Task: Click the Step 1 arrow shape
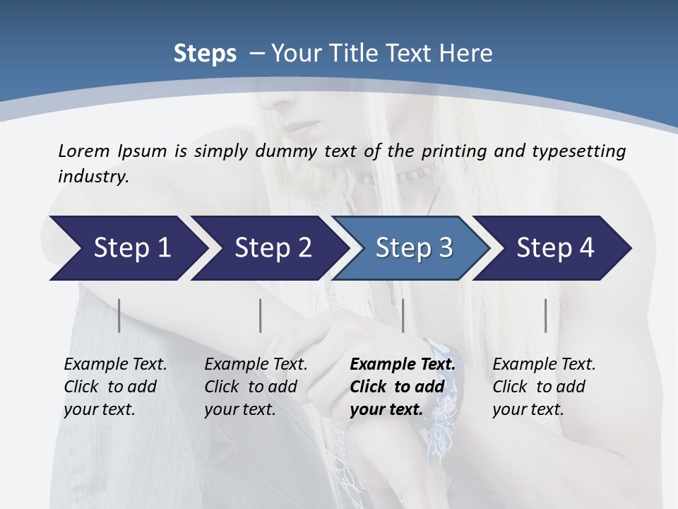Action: click(x=127, y=248)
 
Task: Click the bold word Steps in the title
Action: click(x=205, y=54)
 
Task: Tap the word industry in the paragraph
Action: click(x=93, y=176)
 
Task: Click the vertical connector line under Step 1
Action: click(x=119, y=315)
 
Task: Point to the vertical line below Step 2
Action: click(x=261, y=315)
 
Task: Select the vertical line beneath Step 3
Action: click(x=403, y=315)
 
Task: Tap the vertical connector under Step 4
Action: click(x=545, y=315)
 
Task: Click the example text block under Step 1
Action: click(x=115, y=387)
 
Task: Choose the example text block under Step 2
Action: click(x=256, y=387)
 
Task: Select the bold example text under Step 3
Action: click(x=403, y=387)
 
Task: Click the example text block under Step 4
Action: click(x=544, y=387)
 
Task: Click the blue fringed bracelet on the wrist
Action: click(x=441, y=382)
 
